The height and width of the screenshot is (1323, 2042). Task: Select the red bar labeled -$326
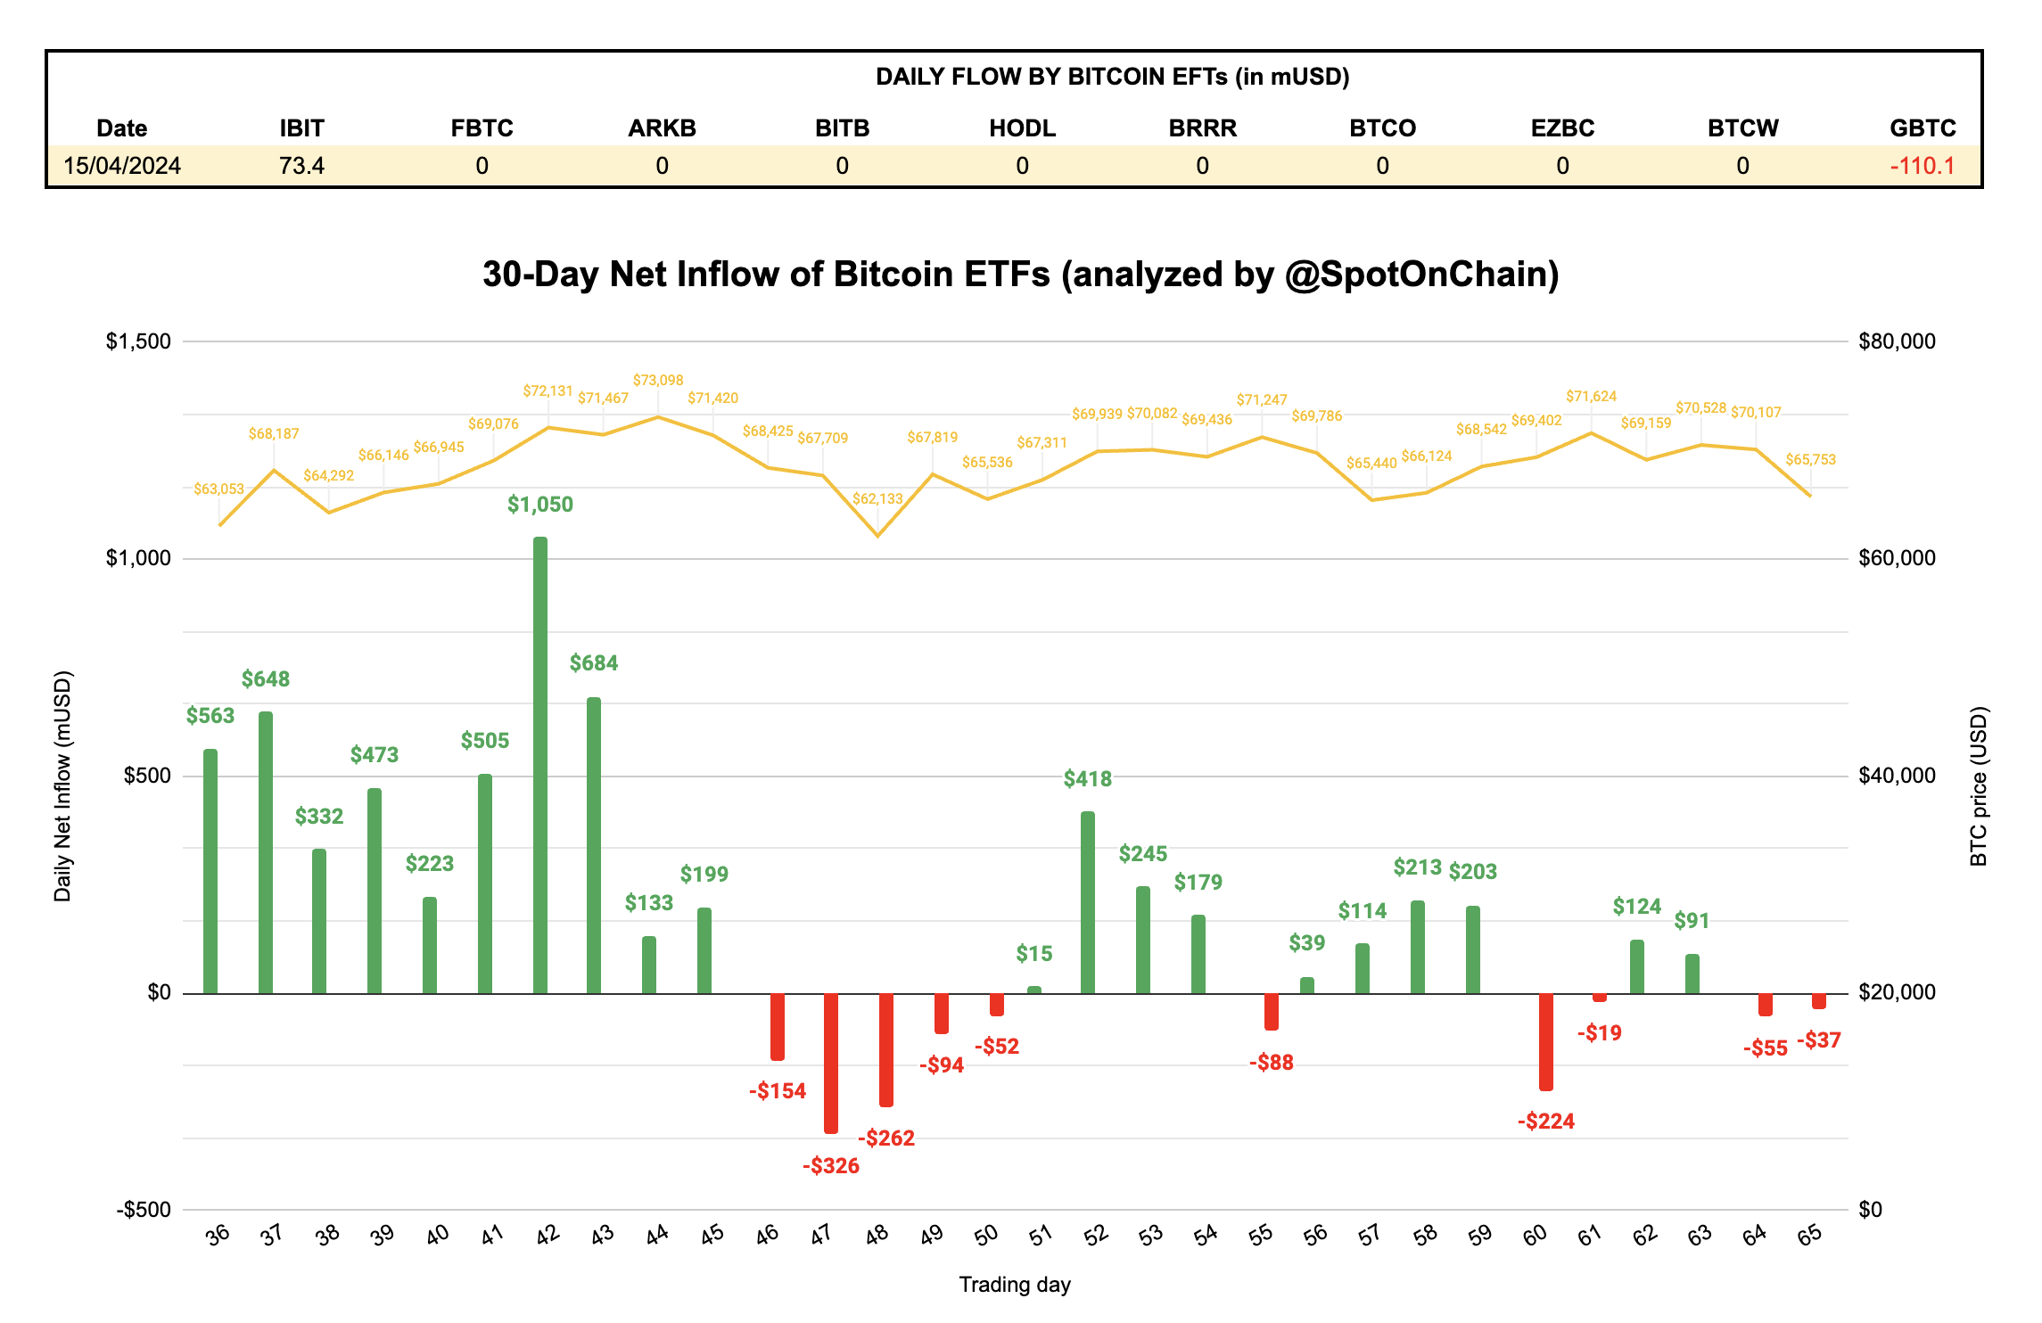pyautogui.click(x=831, y=1063)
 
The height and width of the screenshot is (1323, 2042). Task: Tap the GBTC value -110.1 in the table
pyautogui.click(x=1922, y=166)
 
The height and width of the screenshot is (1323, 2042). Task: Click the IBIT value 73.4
pyautogui.click(x=301, y=166)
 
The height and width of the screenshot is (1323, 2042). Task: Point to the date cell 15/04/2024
pyautogui.click(x=122, y=166)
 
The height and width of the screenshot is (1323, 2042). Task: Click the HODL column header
pyautogui.click(x=1022, y=128)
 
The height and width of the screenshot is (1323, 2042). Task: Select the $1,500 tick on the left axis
pyautogui.click(x=138, y=341)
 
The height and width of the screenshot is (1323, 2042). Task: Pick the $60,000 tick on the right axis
pyautogui.click(x=1897, y=558)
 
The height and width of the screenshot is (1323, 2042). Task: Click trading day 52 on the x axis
pyautogui.click(x=1096, y=1235)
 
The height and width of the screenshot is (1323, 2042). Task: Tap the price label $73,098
pyautogui.click(x=658, y=380)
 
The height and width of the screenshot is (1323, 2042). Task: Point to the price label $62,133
pyautogui.click(x=877, y=498)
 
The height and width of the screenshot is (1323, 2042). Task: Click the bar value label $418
pyautogui.click(x=1088, y=779)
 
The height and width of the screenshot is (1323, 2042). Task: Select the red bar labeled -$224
pyautogui.click(x=1546, y=1041)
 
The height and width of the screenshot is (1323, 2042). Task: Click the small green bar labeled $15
pyautogui.click(x=1034, y=990)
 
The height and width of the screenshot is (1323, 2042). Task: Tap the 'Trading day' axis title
pyautogui.click(x=1015, y=1285)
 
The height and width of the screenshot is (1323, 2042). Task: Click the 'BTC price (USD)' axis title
pyautogui.click(x=1978, y=786)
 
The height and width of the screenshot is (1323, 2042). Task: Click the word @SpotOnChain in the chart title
pyautogui.click(x=1422, y=275)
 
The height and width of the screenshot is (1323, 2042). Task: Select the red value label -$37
pyautogui.click(x=1818, y=1040)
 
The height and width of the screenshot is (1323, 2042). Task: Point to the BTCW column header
pyautogui.click(x=1742, y=128)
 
